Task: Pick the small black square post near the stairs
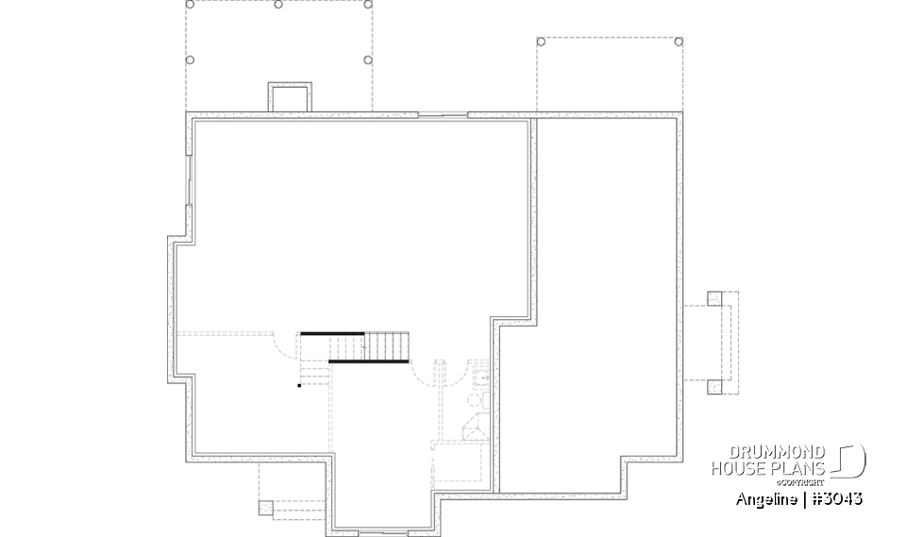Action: pos(299,385)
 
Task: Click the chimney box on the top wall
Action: pos(290,97)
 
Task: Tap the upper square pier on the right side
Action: pos(714,299)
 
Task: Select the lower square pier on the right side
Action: pos(714,385)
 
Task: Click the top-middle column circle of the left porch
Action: pos(277,5)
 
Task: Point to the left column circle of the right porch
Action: pos(541,42)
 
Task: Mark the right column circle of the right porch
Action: pos(679,42)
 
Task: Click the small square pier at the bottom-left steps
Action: pos(265,507)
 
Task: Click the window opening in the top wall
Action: pos(443,115)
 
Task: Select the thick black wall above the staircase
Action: pos(332,333)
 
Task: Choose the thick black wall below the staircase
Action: pos(368,361)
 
